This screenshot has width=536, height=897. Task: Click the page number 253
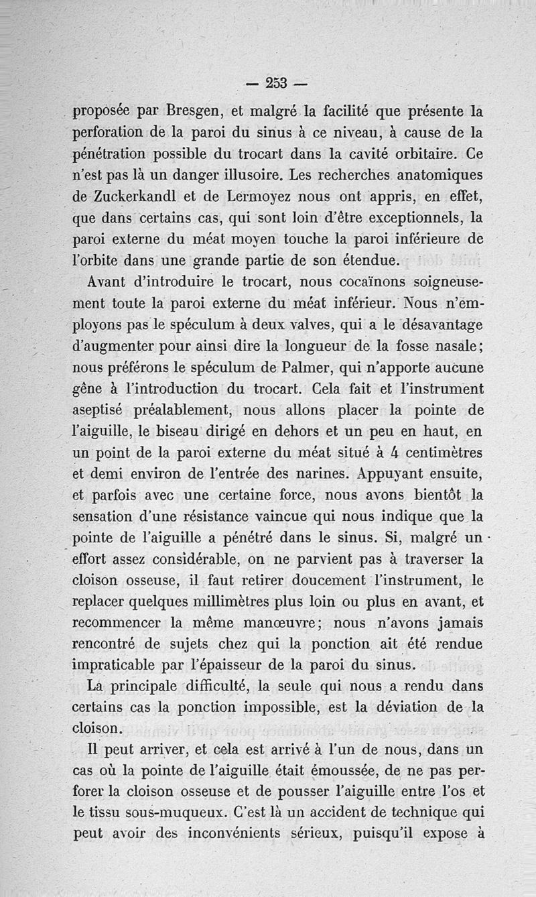pyautogui.click(x=275, y=83)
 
